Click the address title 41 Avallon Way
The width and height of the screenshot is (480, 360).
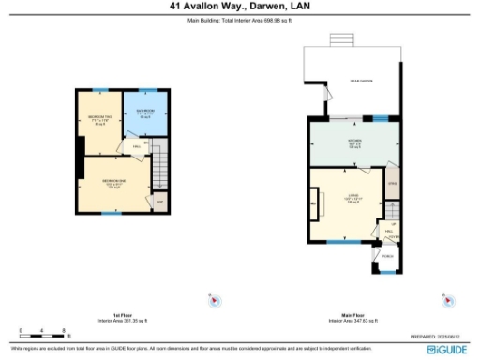coord(240,6)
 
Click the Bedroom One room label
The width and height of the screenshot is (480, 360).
coord(112,182)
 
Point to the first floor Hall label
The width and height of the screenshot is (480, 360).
coord(137,147)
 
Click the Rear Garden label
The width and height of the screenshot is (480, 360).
coord(361,82)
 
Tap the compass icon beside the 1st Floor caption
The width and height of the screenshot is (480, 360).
coord(214,300)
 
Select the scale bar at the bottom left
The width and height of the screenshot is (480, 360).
coord(42,333)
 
